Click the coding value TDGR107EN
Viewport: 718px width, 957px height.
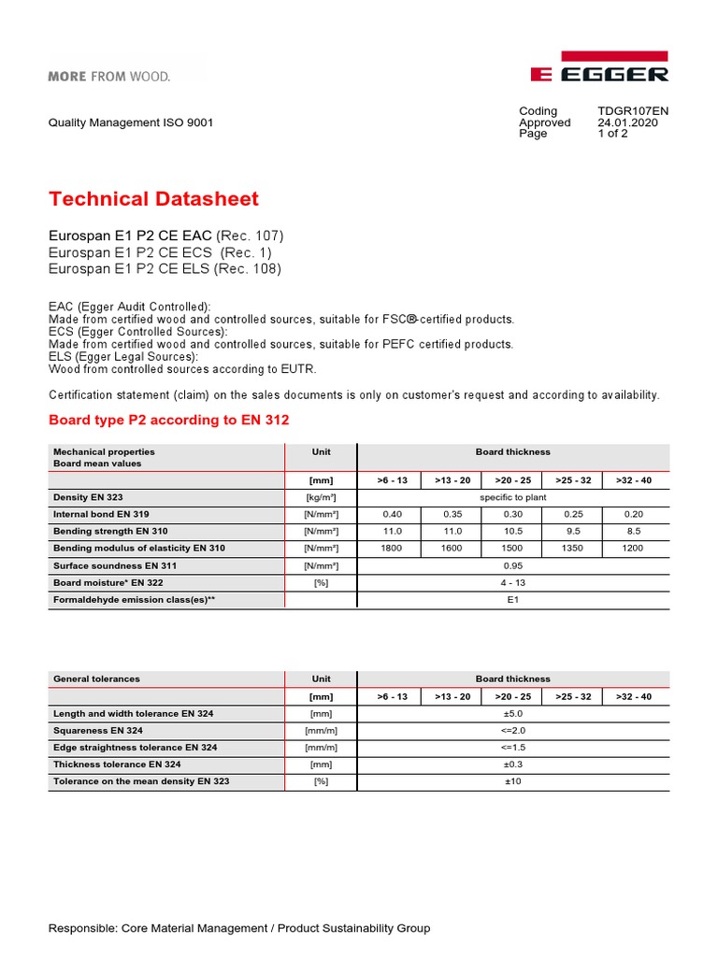(633, 111)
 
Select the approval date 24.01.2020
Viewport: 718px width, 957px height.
(627, 122)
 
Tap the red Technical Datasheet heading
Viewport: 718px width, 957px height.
(153, 199)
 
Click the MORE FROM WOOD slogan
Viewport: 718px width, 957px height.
(109, 76)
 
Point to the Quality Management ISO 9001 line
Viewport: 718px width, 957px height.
(131, 122)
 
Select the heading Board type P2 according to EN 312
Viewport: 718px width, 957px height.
(168, 421)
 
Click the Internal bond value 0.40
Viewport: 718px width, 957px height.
(391, 514)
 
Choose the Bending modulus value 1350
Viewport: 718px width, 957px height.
(574, 549)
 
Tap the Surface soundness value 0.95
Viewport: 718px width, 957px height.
(513, 565)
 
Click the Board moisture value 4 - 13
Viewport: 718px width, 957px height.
(513, 583)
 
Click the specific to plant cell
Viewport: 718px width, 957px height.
(513, 497)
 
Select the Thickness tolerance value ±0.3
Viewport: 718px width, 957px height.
(513, 764)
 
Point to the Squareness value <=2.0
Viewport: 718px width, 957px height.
(513, 730)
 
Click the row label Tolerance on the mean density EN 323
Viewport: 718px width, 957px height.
(141, 781)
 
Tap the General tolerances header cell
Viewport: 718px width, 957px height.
(96, 679)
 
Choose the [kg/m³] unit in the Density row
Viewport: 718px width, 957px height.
(321, 497)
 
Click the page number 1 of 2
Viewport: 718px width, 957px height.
(613, 134)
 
